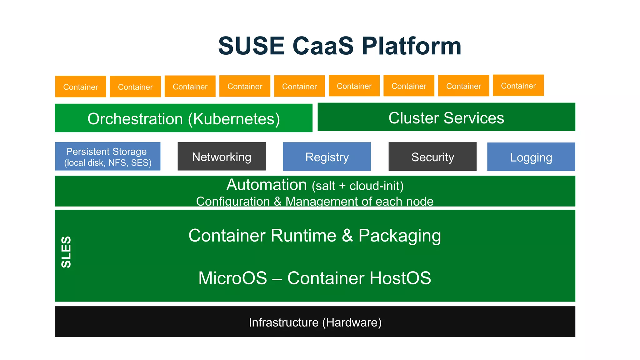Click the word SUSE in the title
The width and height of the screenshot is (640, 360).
[x=251, y=46]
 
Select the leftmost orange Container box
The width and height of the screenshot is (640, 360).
[x=81, y=87]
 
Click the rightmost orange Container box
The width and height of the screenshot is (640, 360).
[x=518, y=85]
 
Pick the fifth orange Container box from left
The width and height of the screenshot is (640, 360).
[x=299, y=86]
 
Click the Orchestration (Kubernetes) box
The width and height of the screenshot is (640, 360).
[x=183, y=118]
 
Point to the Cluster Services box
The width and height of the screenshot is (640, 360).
[x=446, y=117]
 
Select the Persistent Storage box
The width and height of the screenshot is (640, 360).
[x=107, y=156]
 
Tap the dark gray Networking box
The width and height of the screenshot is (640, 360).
[x=222, y=156]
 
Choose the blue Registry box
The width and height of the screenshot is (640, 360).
[x=327, y=157]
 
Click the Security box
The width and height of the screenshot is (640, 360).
[x=432, y=157]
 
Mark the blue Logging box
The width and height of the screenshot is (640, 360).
[x=531, y=157]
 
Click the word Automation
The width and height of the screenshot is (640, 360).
[x=267, y=185]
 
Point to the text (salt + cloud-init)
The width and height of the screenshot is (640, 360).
[x=357, y=186]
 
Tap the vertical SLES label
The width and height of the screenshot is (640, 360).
[x=66, y=252]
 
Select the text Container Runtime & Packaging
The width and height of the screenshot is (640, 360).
[x=315, y=235]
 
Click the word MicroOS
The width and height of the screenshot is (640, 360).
[x=232, y=278]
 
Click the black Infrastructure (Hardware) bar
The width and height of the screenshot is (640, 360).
[x=315, y=322]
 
